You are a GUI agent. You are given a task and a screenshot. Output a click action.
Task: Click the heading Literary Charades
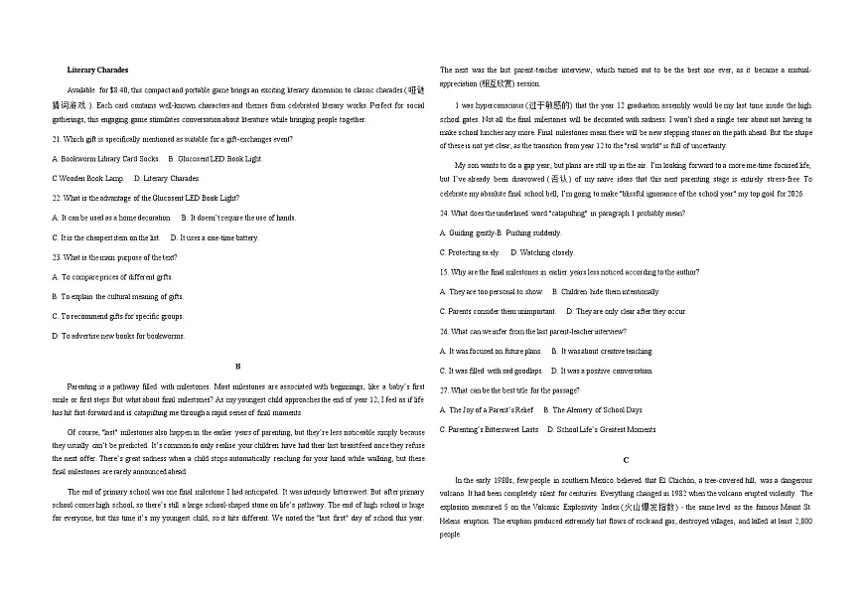tap(97, 71)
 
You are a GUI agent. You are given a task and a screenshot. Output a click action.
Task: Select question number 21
tap(56, 139)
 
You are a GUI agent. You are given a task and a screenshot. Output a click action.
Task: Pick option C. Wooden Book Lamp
tap(87, 178)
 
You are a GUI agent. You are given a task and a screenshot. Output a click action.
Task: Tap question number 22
tap(56, 198)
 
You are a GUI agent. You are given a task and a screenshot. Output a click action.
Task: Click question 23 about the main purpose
tap(56, 257)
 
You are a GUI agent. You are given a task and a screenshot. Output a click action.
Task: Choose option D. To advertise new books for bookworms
tap(118, 336)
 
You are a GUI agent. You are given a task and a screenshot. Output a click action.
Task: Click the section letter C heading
tap(626, 460)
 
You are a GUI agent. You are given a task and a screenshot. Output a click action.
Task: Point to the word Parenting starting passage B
tap(81, 385)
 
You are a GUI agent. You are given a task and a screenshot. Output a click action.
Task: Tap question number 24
tap(444, 213)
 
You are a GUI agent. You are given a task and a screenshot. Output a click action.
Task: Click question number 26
tap(444, 331)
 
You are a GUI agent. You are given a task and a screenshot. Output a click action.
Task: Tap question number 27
tap(444, 389)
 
